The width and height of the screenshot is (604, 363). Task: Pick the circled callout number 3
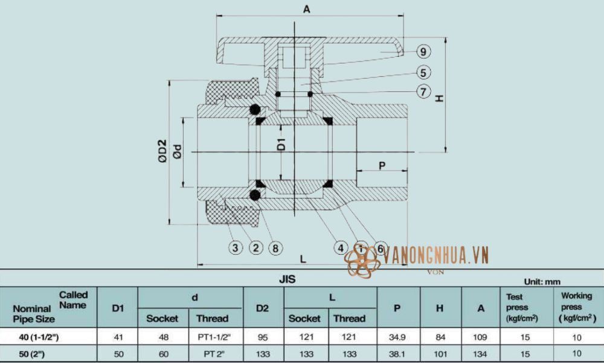click(x=236, y=247)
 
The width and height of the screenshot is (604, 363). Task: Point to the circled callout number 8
click(x=275, y=247)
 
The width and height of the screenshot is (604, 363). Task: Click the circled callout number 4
click(x=341, y=247)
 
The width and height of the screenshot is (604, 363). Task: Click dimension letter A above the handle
click(x=307, y=9)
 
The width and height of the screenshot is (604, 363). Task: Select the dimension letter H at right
click(x=439, y=97)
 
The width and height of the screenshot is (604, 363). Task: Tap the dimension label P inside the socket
click(x=382, y=165)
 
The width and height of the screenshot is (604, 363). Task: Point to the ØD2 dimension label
click(x=162, y=151)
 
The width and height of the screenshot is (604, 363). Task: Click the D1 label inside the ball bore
click(x=281, y=146)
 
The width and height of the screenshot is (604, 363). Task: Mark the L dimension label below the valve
click(x=303, y=258)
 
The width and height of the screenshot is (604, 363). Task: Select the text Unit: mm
click(x=543, y=281)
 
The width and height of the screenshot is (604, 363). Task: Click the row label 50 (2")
click(x=34, y=353)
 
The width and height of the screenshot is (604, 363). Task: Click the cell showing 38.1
click(x=397, y=353)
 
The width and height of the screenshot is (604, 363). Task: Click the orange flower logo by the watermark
click(x=360, y=262)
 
